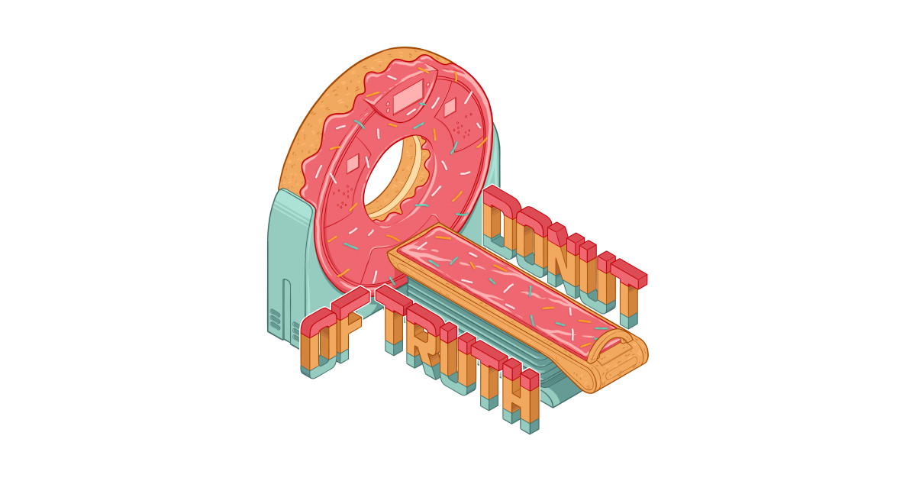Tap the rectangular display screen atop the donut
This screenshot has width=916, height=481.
click(x=408, y=96)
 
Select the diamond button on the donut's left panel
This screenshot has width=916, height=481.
click(x=353, y=163)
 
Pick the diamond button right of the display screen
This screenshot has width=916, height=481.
click(x=450, y=108)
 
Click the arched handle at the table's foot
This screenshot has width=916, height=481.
click(x=611, y=344)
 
